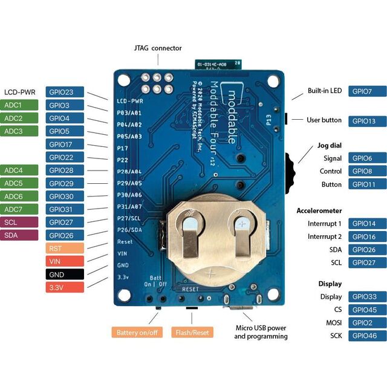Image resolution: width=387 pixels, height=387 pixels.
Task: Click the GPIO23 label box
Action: (65, 93)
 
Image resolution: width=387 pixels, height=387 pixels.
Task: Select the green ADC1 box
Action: (21, 105)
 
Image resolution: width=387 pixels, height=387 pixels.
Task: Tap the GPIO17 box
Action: (65, 145)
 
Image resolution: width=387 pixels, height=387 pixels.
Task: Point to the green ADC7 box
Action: (21, 209)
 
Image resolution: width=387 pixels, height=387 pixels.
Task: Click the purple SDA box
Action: (21, 235)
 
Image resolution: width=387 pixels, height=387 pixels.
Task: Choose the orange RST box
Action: (65, 249)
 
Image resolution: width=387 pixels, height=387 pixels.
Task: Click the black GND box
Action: (65, 275)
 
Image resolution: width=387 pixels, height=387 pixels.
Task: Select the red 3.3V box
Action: (65, 287)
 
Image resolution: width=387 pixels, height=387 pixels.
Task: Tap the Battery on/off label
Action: (137, 332)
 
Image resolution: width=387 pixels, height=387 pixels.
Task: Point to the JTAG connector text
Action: (158, 48)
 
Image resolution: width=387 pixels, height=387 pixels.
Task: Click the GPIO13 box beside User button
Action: (367, 121)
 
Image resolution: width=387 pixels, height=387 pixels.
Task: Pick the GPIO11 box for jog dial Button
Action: (367, 184)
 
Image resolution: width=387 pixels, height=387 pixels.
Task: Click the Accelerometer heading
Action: (319, 211)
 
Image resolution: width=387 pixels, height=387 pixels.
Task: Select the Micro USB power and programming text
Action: (261, 332)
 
